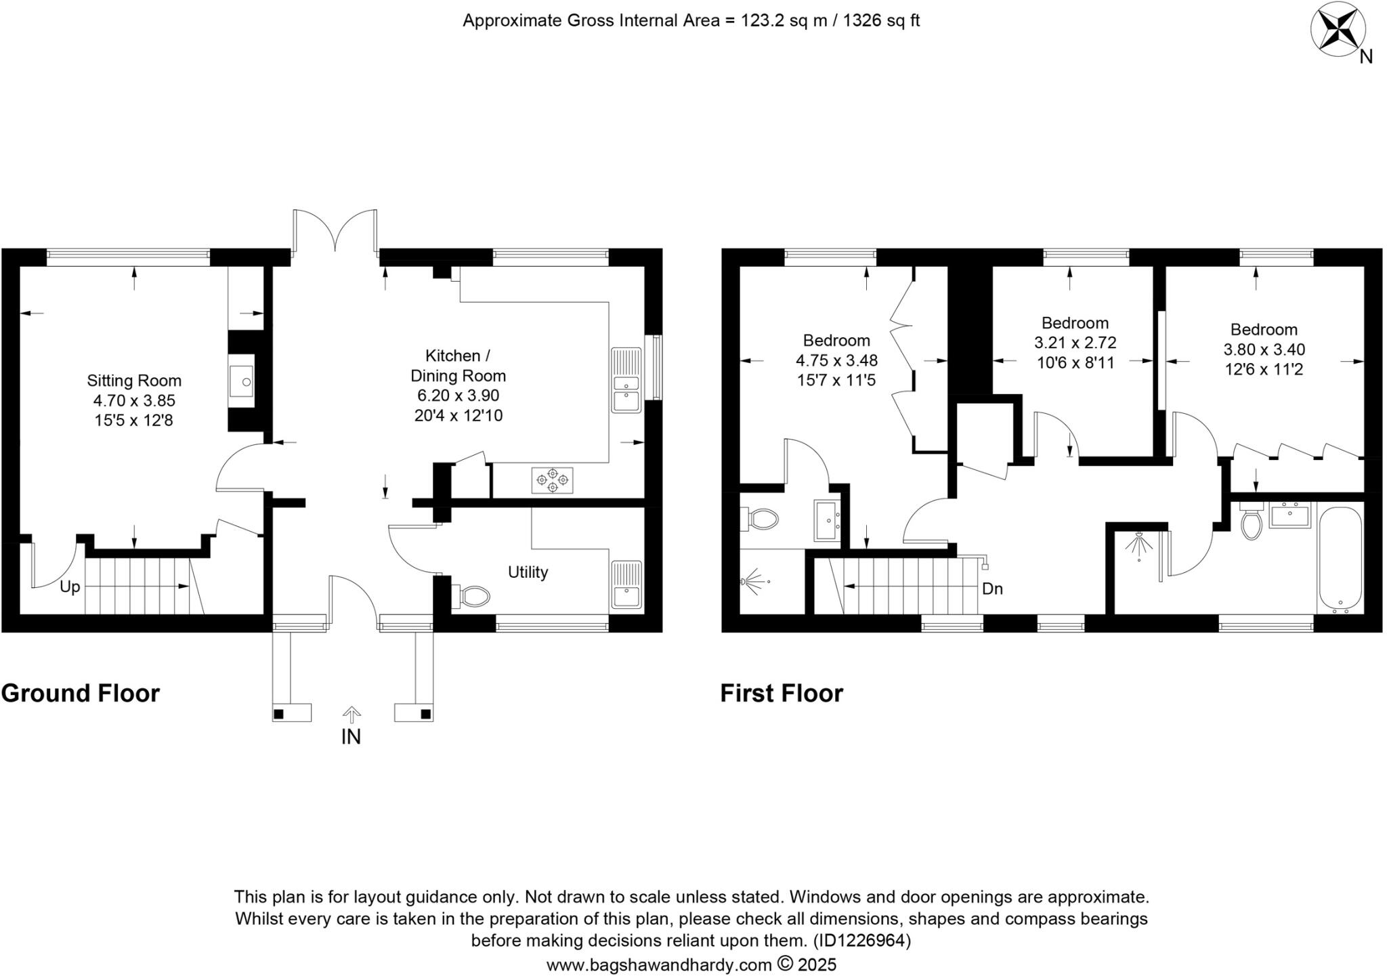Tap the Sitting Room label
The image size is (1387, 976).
click(x=134, y=381)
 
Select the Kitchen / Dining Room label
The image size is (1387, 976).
click(x=458, y=366)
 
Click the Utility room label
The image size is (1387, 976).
click(x=528, y=572)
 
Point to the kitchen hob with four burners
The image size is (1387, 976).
click(x=552, y=480)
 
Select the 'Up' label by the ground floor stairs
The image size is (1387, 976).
click(x=70, y=587)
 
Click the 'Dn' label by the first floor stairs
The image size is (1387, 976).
click(x=992, y=589)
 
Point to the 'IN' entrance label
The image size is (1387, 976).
click(x=351, y=737)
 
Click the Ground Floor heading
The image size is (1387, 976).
click(x=81, y=694)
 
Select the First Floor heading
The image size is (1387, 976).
click(x=782, y=694)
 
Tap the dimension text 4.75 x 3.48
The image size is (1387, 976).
click(x=836, y=360)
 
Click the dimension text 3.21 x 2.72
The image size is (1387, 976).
click(x=1075, y=343)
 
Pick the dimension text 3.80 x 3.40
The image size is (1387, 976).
click(x=1264, y=349)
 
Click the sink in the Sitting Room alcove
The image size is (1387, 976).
click(x=242, y=381)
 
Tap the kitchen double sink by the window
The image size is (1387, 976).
click(x=626, y=380)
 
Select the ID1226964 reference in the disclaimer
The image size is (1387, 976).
click(x=862, y=941)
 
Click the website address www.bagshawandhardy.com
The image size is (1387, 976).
click(x=659, y=964)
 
